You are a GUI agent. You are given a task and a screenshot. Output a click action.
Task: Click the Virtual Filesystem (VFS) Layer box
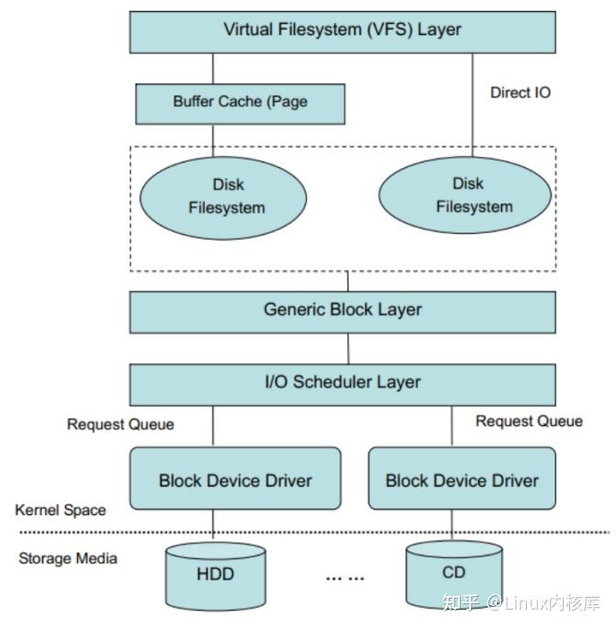point(342,30)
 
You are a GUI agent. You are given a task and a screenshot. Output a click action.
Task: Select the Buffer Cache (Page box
point(240,103)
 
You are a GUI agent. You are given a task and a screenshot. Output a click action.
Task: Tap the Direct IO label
point(521,92)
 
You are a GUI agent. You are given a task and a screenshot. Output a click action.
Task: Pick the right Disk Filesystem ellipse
point(465,196)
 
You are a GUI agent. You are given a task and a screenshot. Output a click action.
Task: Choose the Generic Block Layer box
point(342,310)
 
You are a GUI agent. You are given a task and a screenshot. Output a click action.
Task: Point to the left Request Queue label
point(120,424)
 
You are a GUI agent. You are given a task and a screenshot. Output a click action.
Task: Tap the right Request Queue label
point(529,421)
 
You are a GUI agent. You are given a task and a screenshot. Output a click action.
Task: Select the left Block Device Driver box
point(235,478)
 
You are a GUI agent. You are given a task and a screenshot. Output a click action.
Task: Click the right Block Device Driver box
point(462,478)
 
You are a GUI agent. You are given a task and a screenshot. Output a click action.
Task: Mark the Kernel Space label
point(61,510)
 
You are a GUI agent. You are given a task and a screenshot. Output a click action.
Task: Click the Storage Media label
point(68,557)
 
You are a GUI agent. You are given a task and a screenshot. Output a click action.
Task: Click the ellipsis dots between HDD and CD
point(344,577)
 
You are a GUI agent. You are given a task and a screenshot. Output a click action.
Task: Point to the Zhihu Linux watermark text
point(521,602)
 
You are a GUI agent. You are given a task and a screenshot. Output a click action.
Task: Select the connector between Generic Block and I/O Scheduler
point(349,348)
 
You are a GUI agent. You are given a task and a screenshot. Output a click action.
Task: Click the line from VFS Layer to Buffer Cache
point(213,68)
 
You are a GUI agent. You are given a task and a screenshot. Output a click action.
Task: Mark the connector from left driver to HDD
point(213,524)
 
